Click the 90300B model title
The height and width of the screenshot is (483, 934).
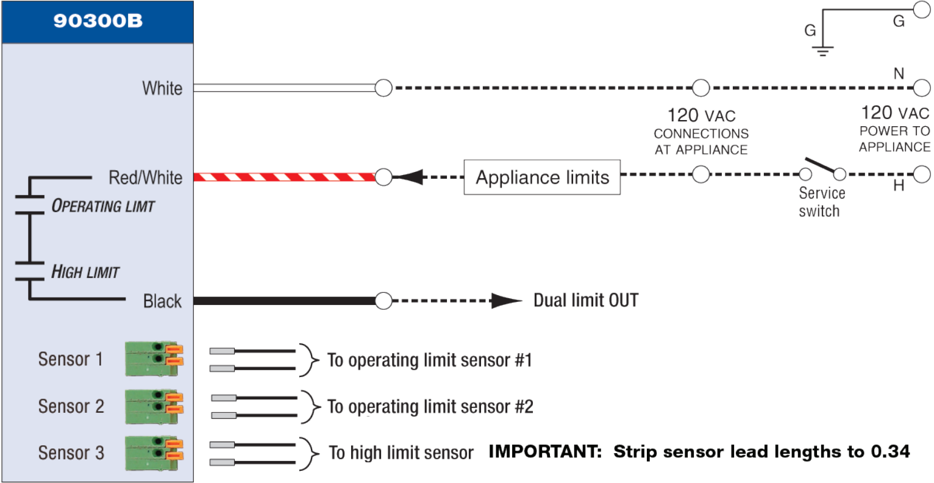[x=98, y=21]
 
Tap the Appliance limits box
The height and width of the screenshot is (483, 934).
[x=542, y=177]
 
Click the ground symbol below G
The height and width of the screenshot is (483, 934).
[x=823, y=51]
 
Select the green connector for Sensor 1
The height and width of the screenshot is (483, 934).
[x=154, y=359]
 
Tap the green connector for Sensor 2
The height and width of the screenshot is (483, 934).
[x=154, y=406]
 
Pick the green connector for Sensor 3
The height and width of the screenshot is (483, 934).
[x=154, y=453]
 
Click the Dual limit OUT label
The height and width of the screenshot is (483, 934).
[x=586, y=301]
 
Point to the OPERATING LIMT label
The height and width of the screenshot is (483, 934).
[x=103, y=206]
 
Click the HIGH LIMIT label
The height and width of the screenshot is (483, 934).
[x=85, y=271]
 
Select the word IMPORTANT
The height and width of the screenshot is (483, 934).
[x=546, y=452]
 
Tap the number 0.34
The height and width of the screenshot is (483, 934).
[x=890, y=452]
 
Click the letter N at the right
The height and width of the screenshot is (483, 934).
[x=899, y=74]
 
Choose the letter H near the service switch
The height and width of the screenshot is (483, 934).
[x=899, y=186]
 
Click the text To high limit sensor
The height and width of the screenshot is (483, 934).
[x=401, y=453]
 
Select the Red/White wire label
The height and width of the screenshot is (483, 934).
[x=145, y=177]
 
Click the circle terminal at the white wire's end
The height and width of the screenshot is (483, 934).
[x=383, y=88]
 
